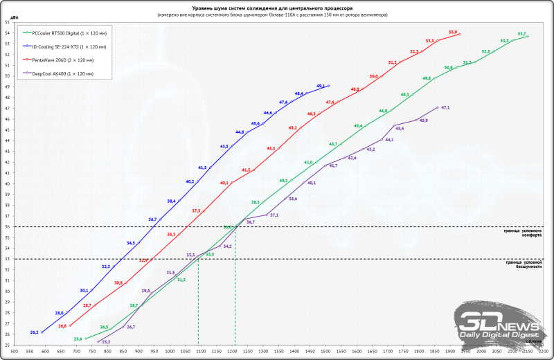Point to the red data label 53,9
point(453,31)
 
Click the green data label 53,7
point(522,33)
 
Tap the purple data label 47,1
point(445,108)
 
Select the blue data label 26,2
point(34,332)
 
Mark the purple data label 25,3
point(106,342)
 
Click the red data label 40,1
point(224,183)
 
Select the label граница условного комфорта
point(523,233)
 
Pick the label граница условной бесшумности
point(523,264)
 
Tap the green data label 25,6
point(78,339)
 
